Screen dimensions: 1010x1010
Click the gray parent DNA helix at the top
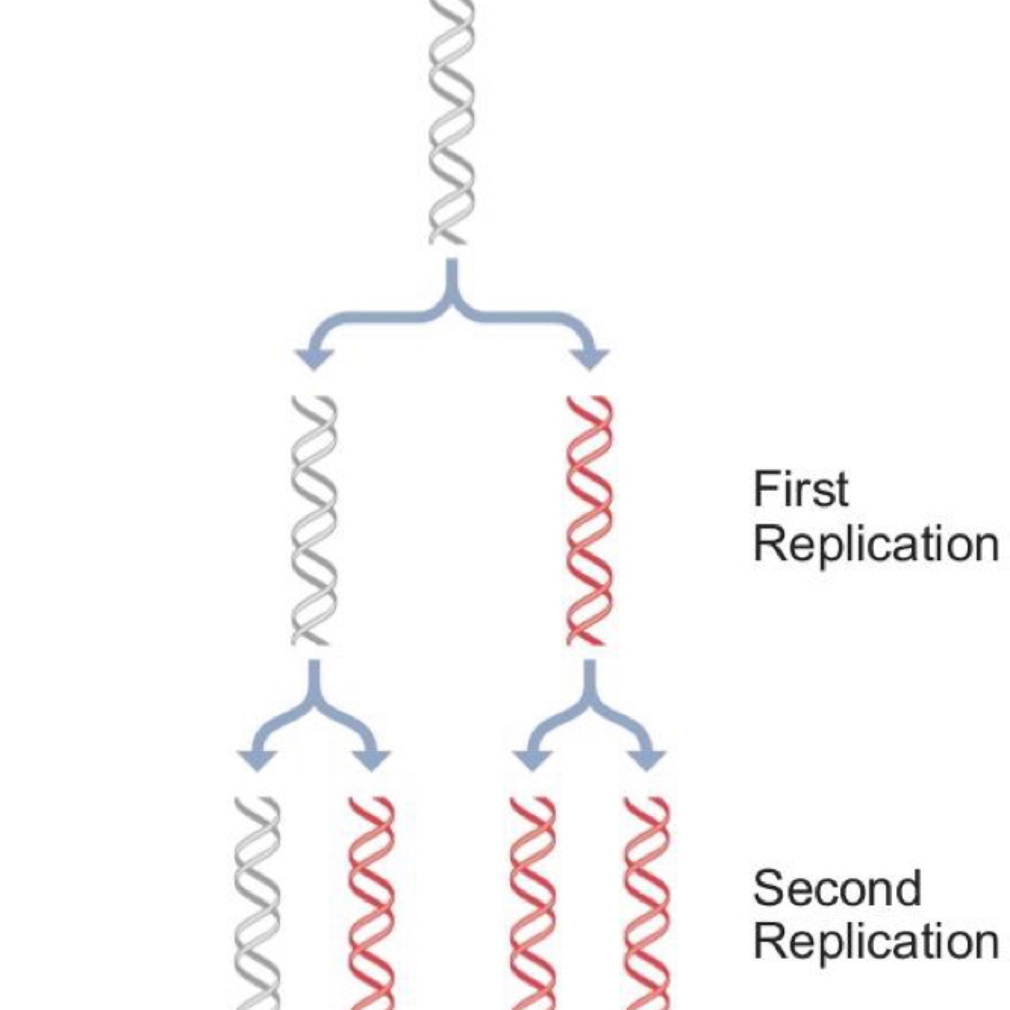tap(451, 121)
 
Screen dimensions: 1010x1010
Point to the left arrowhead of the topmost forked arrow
tap(310, 357)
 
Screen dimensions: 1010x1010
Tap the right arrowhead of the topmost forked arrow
tap(592, 357)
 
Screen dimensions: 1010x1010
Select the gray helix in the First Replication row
tap(311, 520)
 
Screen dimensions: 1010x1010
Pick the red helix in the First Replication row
tap(588, 520)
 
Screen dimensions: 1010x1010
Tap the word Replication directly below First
tap(876, 544)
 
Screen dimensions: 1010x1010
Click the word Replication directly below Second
tap(876, 942)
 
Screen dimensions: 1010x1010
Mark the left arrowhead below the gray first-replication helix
tap(256, 759)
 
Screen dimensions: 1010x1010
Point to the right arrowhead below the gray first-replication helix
tap(372, 759)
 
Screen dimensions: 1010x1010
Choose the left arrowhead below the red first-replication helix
tap(531, 759)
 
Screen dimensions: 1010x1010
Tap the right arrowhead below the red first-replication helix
tap(647, 759)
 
